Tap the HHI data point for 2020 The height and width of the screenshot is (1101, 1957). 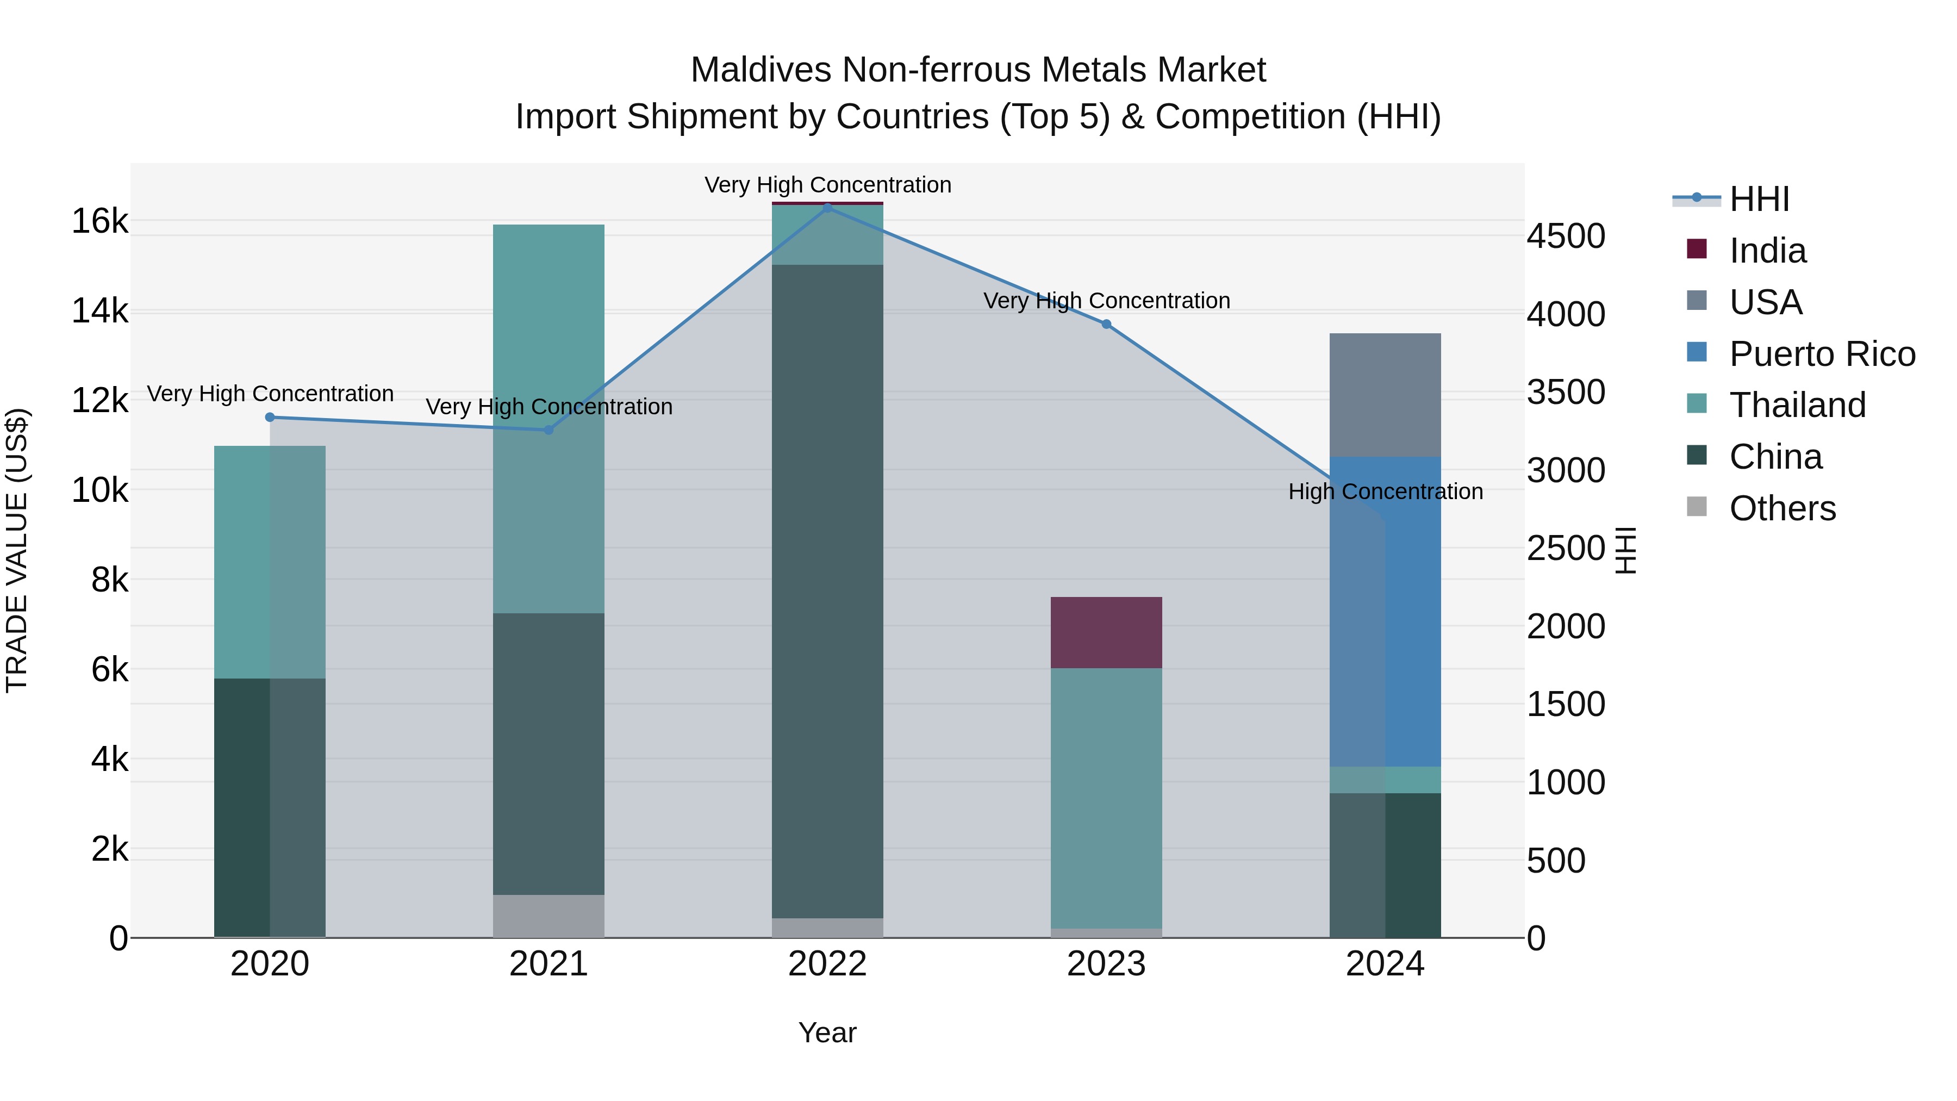270,417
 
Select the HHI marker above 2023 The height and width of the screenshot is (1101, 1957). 1106,325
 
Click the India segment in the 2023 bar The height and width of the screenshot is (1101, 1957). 1106,632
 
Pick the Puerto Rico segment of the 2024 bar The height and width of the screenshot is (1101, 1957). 1385,612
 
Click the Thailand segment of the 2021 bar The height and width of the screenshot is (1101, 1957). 549,418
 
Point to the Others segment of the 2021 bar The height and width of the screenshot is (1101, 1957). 549,916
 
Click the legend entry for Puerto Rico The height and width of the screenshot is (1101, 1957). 1821,354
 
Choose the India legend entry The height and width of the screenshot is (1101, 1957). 1767,251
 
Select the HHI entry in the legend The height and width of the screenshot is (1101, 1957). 1759,199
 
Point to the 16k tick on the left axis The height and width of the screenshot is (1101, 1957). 99,222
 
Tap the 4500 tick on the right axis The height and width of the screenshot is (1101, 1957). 1567,237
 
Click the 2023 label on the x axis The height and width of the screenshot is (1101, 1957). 1106,964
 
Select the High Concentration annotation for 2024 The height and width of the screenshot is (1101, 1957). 1385,492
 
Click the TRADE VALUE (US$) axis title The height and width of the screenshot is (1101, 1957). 17,550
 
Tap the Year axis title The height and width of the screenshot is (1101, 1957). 827,1032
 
